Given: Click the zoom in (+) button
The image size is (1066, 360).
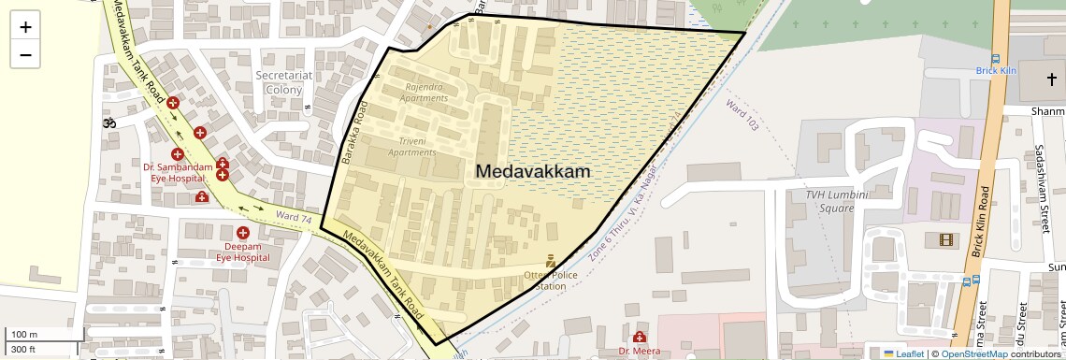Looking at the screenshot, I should [25, 26].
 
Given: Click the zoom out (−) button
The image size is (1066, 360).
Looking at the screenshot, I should [25, 54].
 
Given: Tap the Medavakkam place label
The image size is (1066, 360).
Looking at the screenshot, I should [533, 172].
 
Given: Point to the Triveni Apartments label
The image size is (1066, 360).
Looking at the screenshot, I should [412, 146].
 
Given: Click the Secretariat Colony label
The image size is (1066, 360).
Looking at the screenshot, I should [283, 82].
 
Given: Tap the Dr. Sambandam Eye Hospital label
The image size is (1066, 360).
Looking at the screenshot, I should [174, 172].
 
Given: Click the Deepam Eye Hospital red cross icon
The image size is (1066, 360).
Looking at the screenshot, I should [243, 232].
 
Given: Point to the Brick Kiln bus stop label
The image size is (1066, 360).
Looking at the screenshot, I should [996, 70].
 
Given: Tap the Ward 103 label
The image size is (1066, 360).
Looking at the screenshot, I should [742, 113].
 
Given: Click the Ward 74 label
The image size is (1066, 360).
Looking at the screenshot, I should [294, 217].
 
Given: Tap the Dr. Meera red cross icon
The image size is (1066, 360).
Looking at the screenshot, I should [640, 337].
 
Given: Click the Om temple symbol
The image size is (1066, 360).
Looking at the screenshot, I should [109, 122].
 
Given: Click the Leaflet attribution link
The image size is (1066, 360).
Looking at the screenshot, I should [902, 353].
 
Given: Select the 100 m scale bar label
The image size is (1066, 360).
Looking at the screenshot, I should [24, 335].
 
